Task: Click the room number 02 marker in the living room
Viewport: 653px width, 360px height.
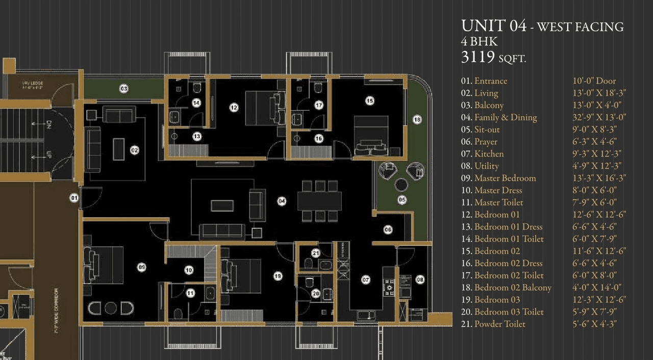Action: coord(135,150)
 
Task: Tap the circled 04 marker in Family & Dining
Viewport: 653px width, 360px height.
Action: coord(282,201)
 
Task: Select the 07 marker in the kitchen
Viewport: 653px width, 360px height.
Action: coord(366,279)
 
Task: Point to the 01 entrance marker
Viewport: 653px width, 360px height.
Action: coord(74,197)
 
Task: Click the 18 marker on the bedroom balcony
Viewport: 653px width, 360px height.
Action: coord(417,120)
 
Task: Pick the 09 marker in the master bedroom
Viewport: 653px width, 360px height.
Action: coord(142,267)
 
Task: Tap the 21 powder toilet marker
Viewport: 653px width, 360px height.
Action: coord(316,253)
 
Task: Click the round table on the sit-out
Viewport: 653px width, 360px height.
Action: coord(401,185)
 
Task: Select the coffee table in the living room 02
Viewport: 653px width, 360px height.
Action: coord(118,148)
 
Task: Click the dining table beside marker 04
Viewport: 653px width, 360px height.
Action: coord(319,201)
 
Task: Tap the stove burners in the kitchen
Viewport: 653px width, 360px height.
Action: coord(390,288)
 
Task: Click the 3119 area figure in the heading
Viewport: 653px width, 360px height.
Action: coord(478,58)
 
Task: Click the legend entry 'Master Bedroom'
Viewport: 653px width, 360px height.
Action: coord(505,178)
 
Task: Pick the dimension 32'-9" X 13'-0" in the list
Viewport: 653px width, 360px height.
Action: coord(599,117)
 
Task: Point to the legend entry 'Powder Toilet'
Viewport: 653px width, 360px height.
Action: coord(499,324)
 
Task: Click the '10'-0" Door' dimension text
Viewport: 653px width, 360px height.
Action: coord(594,81)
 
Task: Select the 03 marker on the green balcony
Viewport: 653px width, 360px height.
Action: coord(124,89)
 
